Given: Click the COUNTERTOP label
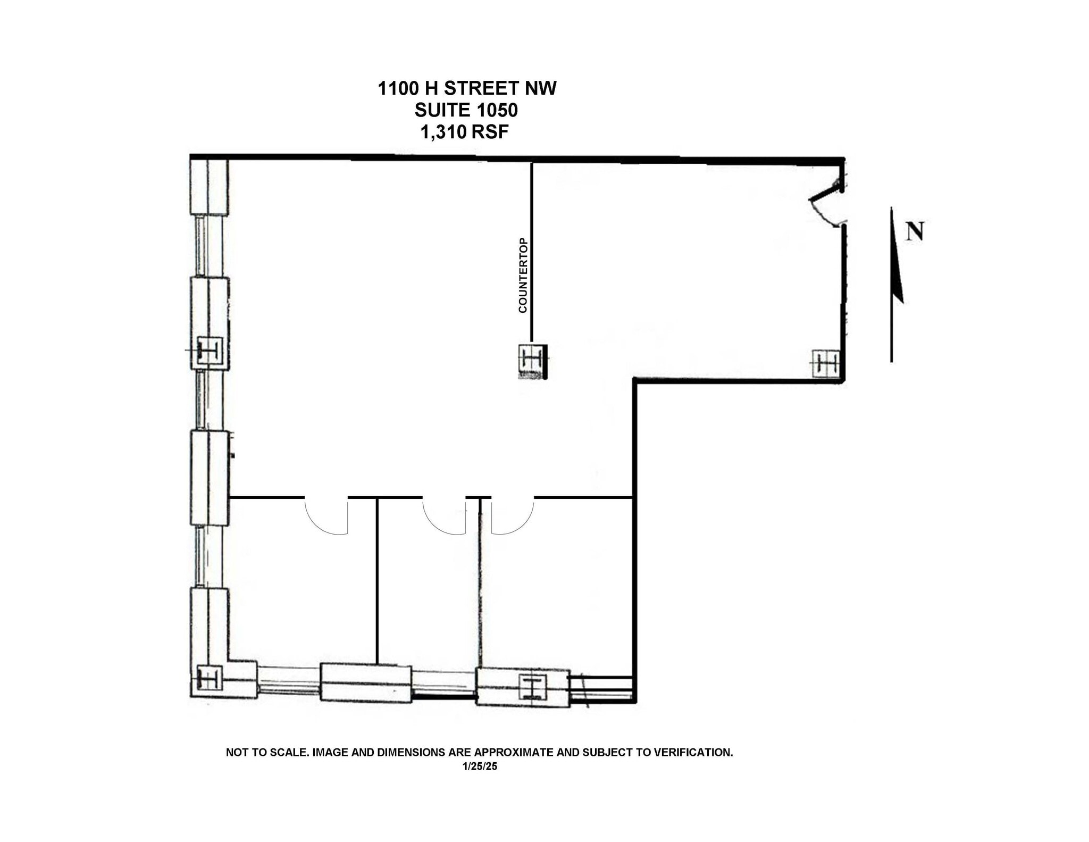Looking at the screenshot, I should (x=523, y=275).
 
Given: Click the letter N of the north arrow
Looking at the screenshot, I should (x=915, y=231).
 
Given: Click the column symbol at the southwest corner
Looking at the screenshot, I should (x=208, y=679).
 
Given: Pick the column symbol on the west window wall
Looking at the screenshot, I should (x=209, y=351).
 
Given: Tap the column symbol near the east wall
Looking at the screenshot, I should (x=826, y=364).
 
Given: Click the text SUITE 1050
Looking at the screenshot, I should (x=466, y=110).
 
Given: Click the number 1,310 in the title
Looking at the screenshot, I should (x=443, y=132).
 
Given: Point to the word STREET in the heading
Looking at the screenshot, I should (x=482, y=88).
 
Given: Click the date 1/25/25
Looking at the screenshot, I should (x=480, y=766).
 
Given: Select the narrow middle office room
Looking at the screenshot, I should (x=428, y=590).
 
